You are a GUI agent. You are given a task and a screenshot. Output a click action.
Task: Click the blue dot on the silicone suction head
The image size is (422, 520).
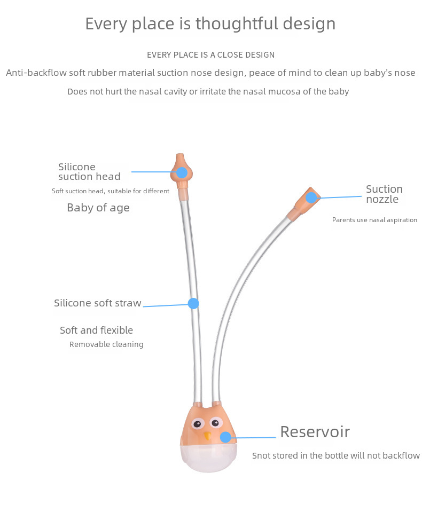(x=182, y=172)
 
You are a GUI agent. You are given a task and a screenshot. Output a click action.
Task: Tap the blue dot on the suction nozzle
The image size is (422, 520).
(x=311, y=198)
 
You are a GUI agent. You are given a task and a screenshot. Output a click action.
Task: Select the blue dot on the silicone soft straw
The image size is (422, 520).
(x=193, y=303)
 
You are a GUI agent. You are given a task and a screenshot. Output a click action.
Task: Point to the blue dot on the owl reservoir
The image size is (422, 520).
(x=225, y=437)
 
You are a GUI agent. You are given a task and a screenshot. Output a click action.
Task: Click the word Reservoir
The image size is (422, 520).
(x=315, y=431)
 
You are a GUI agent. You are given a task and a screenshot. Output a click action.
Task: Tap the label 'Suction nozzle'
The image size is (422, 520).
(x=384, y=194)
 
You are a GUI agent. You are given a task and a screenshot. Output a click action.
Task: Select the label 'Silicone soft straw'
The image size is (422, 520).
(x=97, y=303)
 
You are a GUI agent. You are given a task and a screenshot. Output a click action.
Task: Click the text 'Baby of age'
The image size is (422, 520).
(x=98, y=208)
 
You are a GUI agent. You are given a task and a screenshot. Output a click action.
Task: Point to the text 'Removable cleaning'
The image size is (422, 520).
(x=106, y=344)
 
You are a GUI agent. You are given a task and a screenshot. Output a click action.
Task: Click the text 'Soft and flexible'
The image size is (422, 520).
(x=96, y=330)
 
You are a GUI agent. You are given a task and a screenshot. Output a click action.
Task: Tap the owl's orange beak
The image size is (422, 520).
(x=207, y=436)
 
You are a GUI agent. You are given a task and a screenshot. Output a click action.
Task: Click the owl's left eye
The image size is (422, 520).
(x=197, y=424)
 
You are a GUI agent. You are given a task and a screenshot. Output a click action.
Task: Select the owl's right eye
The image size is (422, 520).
(x=215, y=423)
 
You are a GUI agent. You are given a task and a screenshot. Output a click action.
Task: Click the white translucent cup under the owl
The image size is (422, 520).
(x=209, y=457)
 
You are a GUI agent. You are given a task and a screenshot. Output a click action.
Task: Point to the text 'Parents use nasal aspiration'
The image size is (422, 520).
(x=374, y=220)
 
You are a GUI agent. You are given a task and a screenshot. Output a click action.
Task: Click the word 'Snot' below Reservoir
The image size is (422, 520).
(x=261, y=455)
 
